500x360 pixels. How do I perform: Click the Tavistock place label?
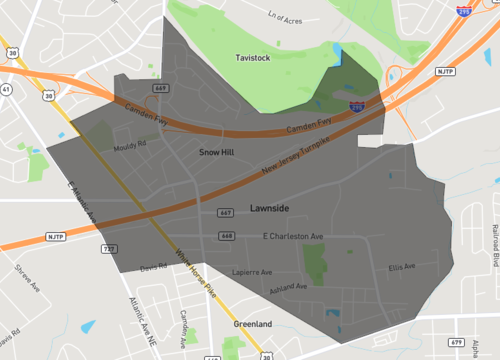pos(252,58)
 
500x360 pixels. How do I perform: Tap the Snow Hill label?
pos(216,152)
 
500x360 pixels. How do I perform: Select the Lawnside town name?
pos(270,207)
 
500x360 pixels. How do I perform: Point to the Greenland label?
pos(251,325)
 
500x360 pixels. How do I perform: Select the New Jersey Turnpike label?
pos(297,161)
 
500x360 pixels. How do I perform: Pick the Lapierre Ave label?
pos(252,271)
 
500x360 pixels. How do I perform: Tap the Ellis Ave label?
pos(402,266)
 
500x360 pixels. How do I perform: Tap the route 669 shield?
pos(160,89)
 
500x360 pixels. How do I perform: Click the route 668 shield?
pos(227,236)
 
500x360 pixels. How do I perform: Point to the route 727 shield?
pos(106,246)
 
